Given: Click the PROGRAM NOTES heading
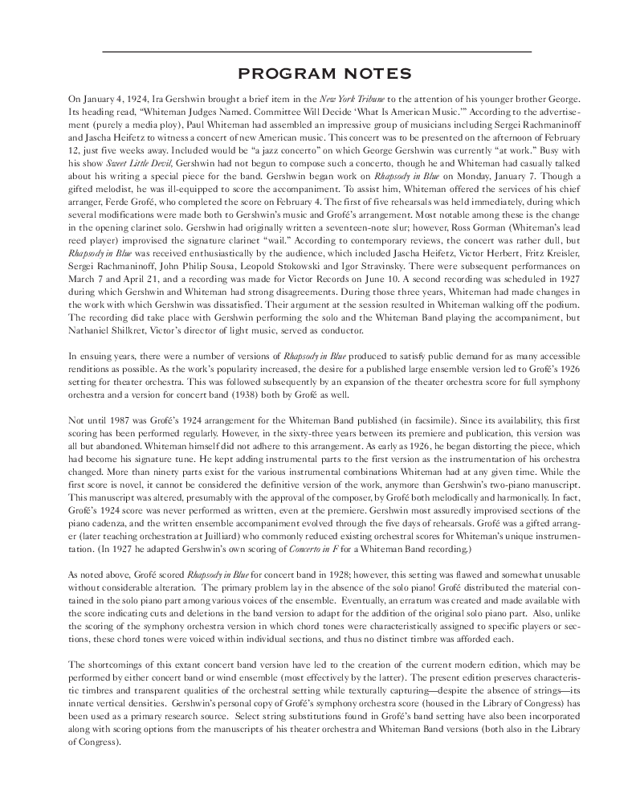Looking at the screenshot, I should pyautogui.click(x=318, y=74).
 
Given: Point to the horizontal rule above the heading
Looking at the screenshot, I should pyautogui.click(x=318, y=52).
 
